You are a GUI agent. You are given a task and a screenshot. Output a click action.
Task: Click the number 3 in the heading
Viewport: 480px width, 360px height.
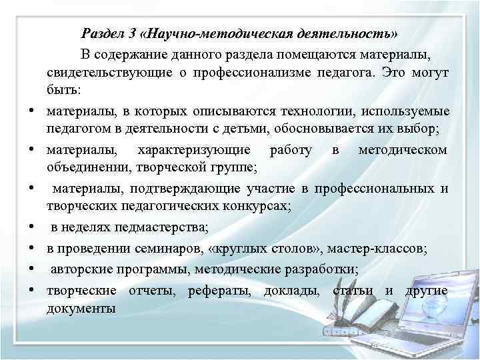tap(133, 33)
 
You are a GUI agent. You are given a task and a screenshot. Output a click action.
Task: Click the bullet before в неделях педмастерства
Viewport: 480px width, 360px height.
tap(31, 230)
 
